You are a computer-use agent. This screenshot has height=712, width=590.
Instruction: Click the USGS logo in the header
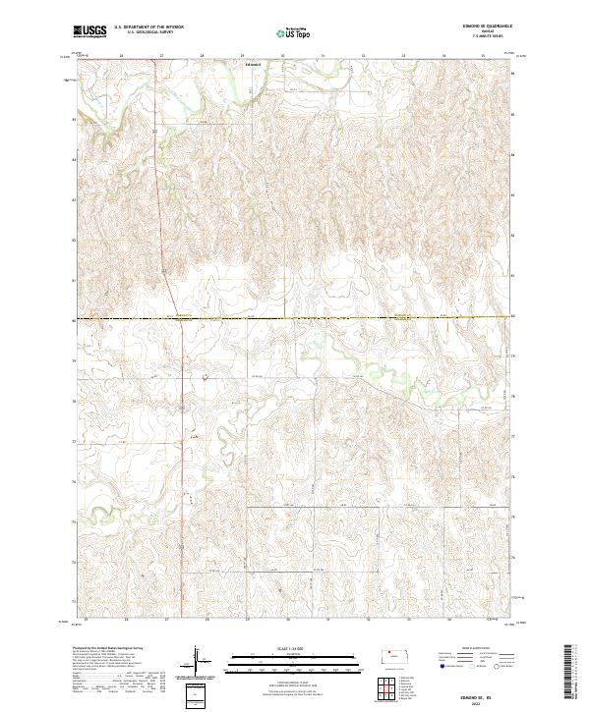pyautogui.click(x=89, y=31)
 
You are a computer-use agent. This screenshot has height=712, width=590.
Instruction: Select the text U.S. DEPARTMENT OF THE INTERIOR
pyautogui.click(x=148, y=27)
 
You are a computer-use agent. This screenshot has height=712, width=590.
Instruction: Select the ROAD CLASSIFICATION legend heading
pyautogui.click(x=470, y=649)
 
